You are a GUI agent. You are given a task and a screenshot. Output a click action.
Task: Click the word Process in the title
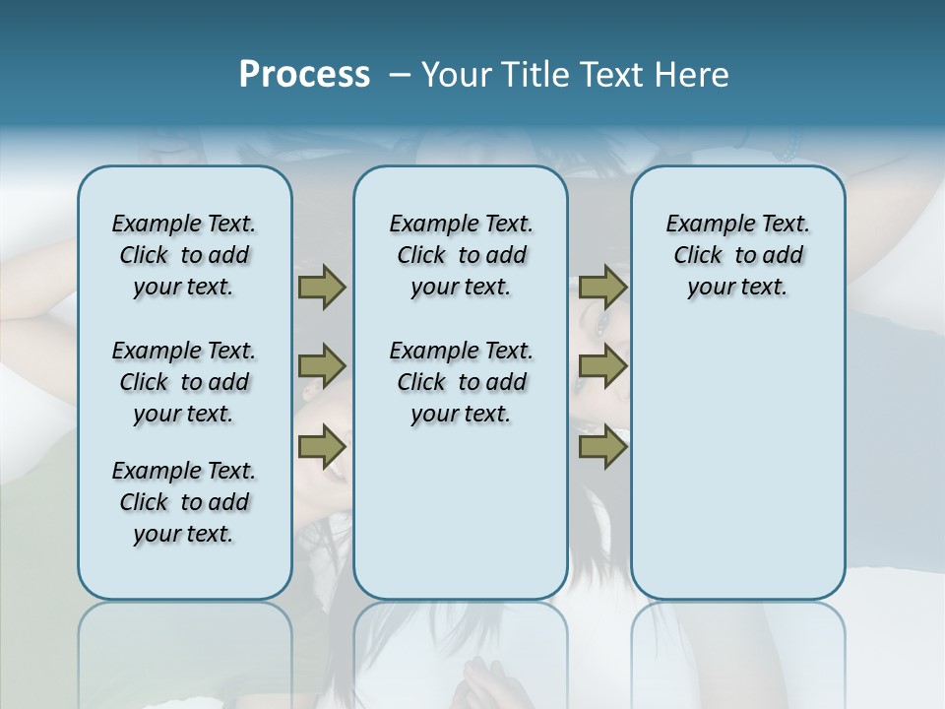click(304, 75)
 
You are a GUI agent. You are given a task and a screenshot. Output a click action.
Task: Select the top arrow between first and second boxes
click(322, 288)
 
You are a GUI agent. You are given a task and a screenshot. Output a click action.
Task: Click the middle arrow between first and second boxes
click(322, 366)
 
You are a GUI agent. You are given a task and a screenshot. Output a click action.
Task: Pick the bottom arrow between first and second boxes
click(322, 447)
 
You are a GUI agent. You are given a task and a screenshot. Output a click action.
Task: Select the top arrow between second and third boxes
click(602, 288)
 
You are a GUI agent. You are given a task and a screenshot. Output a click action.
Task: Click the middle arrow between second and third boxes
click(602, 366)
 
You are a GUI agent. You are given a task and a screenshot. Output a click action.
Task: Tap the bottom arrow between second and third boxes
click(602, 447)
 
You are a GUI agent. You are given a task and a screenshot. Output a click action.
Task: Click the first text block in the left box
click(184, 255)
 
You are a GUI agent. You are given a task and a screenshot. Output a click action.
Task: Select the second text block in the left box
click(184, 382)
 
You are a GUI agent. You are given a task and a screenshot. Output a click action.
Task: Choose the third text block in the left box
click(184, 502)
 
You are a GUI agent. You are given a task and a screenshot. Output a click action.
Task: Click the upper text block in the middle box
click(461, 255)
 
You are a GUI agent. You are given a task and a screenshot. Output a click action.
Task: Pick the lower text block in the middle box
click(461, 382)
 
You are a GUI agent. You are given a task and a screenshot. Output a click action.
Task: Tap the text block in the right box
click(738, 255)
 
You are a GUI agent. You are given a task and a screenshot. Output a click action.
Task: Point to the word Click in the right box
click(698, 256)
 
